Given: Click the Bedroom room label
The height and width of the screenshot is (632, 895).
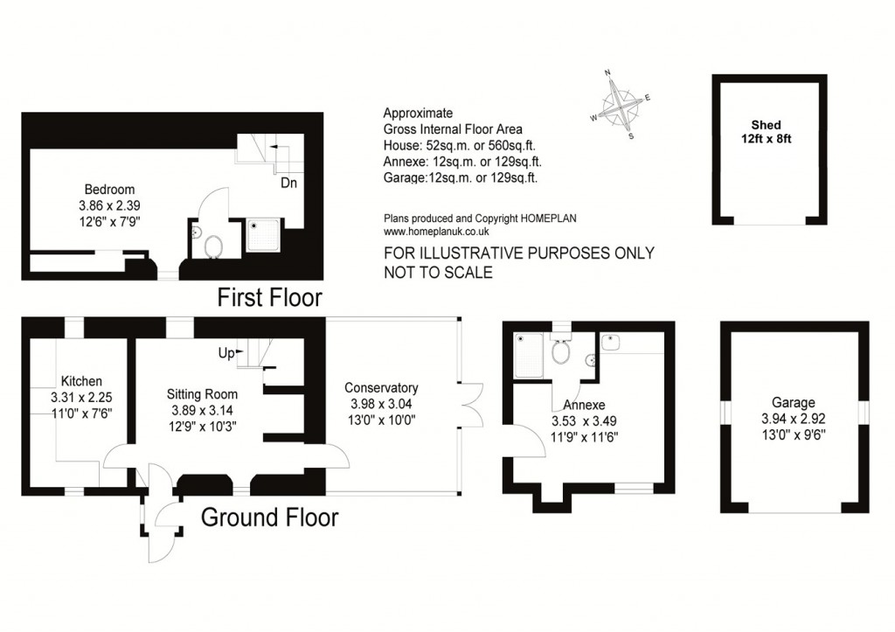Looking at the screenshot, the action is [x=109, y=190].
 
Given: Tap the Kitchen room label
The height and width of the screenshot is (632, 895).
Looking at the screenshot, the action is [x=81, y=381].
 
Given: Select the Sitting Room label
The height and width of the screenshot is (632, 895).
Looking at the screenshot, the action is [x=202, y=394].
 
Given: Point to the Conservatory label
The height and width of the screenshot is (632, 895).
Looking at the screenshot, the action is [x=381, y=388].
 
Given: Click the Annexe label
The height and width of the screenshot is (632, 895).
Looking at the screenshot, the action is [x=584, y=405].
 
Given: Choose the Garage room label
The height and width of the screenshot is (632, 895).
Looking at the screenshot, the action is [x=794, y=402].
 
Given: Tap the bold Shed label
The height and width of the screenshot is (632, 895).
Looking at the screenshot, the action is [x=766, y=124].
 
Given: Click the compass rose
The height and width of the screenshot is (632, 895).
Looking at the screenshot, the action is [x=620, y=106].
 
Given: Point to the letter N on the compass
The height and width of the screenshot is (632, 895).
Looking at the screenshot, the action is [x=607, y=73].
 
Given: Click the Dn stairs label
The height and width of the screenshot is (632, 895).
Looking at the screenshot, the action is [x=288, y=183].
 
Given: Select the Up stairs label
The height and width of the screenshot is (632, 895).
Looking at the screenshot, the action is [x=226, y=354].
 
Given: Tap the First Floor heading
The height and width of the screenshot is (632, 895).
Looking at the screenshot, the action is [x=270, y=297].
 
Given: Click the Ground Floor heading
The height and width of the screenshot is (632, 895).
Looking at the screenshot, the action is [x=269, y=517].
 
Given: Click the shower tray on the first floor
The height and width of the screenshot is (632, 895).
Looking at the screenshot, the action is [x=263, y=235].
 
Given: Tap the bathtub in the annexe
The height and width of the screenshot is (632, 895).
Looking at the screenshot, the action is [x=529, y=356].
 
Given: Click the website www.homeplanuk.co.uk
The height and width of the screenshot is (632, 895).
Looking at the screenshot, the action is [x=437, y=232].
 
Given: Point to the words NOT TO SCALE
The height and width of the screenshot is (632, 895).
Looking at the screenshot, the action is [x=439, y=273].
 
